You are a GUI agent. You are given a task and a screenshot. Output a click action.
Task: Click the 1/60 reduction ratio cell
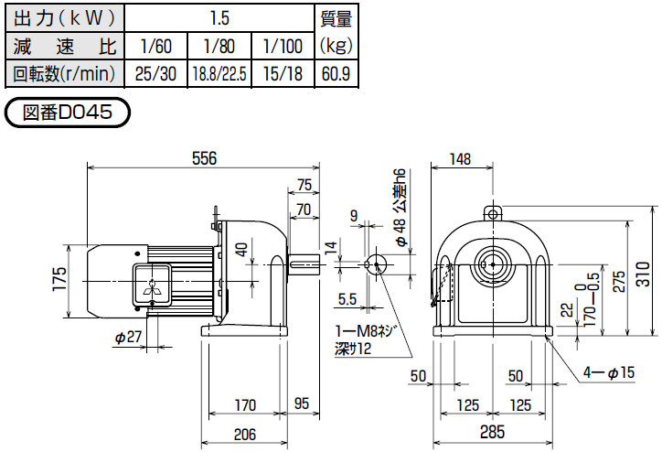[x=156, y=46]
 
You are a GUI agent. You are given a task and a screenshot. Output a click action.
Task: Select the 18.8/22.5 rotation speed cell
[x=219, y=74]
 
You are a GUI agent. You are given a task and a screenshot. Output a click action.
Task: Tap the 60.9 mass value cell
[x=336, y=74]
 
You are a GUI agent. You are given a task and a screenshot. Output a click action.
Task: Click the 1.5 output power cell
[x=219, y=18]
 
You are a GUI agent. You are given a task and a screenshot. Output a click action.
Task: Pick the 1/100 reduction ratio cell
[x=283, y=46]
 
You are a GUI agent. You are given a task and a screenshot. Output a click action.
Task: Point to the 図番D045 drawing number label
[x=68, y=113]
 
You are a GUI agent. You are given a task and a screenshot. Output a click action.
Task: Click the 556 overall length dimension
[x=204, y=158]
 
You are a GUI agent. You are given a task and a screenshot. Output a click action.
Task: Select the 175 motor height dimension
[x=60, y=279]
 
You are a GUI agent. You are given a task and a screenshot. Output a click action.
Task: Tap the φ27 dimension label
[x=128, y=337]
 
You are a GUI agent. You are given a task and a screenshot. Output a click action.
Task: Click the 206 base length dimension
[x=245, y=434]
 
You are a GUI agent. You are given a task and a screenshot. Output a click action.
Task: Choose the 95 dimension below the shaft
[x=302, y=404]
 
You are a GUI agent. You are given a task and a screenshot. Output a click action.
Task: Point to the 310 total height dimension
[x=644, y=274]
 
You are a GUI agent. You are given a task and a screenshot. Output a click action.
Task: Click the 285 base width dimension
[x=492, y=432]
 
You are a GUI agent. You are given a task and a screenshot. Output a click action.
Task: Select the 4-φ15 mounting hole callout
[x=609, y=372]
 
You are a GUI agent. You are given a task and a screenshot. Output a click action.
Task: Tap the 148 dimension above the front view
[x=460, y=159]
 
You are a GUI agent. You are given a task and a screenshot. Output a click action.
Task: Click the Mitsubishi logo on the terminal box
[x=152, y=286]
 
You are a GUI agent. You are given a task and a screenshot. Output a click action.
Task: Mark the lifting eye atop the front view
[x=493, y=213]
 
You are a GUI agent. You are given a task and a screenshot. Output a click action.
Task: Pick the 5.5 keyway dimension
[x=347, y=299]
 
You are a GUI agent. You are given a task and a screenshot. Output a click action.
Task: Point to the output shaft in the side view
[x=304, y=264]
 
